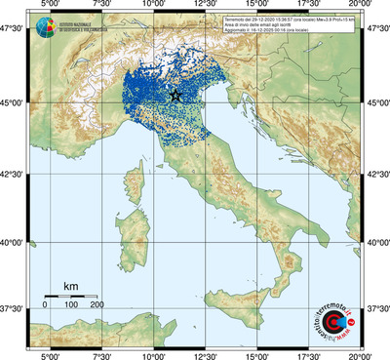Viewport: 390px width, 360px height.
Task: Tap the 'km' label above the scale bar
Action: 70,286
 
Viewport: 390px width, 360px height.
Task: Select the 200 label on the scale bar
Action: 96,305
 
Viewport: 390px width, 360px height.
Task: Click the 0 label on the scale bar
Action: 45,305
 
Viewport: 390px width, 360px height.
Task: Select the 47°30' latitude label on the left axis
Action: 14,29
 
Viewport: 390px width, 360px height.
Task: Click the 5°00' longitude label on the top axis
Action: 49,7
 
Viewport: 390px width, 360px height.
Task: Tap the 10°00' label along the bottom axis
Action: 152,355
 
